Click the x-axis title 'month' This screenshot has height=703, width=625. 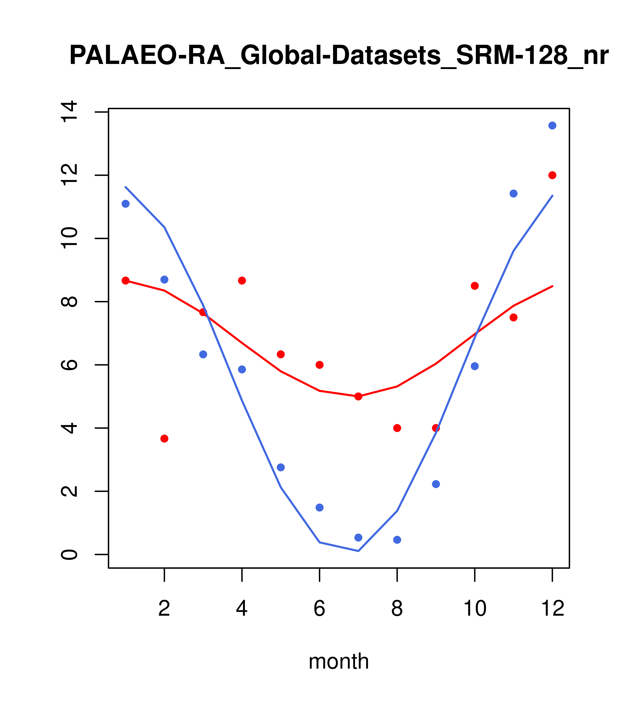click(x=339, y=661)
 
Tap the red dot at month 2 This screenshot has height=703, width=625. click(x=165, y=439)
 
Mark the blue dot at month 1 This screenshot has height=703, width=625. click(x=125, y=204)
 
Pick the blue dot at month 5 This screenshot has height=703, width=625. click(x=281, y=467)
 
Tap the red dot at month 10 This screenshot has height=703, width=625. click(x=475, y=286)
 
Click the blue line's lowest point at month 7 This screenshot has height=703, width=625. click(x=358, y=551)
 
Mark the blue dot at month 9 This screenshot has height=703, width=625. click(x=436, y=484)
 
